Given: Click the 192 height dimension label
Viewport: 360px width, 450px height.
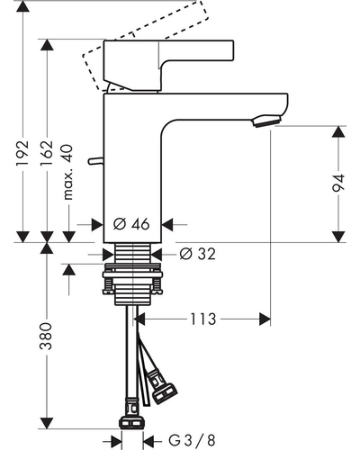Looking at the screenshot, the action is point(22,153).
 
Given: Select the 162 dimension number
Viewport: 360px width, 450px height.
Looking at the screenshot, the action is point(47,153).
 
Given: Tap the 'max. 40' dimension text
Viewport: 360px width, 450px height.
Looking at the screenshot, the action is point(68,172).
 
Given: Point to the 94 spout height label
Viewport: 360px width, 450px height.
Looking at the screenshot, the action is point(338,183).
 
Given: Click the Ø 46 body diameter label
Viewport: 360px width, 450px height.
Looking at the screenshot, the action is point(131,224).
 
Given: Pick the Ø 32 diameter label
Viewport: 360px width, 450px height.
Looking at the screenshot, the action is point(197,254).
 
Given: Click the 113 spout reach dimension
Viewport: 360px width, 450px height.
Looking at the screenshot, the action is point(203,319).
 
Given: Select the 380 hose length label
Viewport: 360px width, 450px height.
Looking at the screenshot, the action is point(46,336).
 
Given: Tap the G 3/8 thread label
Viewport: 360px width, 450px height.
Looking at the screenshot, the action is point(192,441).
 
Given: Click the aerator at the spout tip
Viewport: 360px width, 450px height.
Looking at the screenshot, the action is point(267,121).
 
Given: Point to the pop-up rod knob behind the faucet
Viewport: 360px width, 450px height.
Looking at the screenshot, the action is point(96,161).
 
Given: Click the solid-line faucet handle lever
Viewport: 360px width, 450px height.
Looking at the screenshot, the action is point(168,66).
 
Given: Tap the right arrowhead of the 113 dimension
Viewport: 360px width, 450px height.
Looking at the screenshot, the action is point(265,319).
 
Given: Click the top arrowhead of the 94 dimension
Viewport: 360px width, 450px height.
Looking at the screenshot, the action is point(338,131).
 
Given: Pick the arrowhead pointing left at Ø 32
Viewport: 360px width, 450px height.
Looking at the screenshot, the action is point(157,255).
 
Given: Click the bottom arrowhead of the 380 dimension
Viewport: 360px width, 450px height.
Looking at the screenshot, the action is point(47,423).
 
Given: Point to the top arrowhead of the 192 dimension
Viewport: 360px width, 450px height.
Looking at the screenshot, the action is point(22,6).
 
